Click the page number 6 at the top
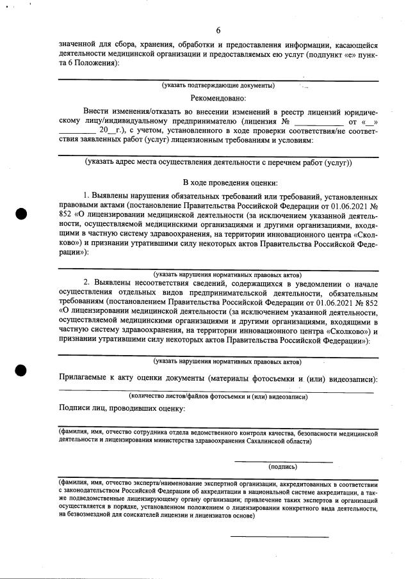click(218, 31)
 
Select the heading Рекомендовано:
click(218, 99)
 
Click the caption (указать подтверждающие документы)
click(218, 85)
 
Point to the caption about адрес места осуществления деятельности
click(218, 163)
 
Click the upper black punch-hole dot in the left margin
click(21, 214)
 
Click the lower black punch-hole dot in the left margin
click(21, 369)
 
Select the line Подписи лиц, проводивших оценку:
click(122, 408)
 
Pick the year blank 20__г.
click(103, 132)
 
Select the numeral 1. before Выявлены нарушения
click(88, 194)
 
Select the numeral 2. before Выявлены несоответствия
click(88, 282)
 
